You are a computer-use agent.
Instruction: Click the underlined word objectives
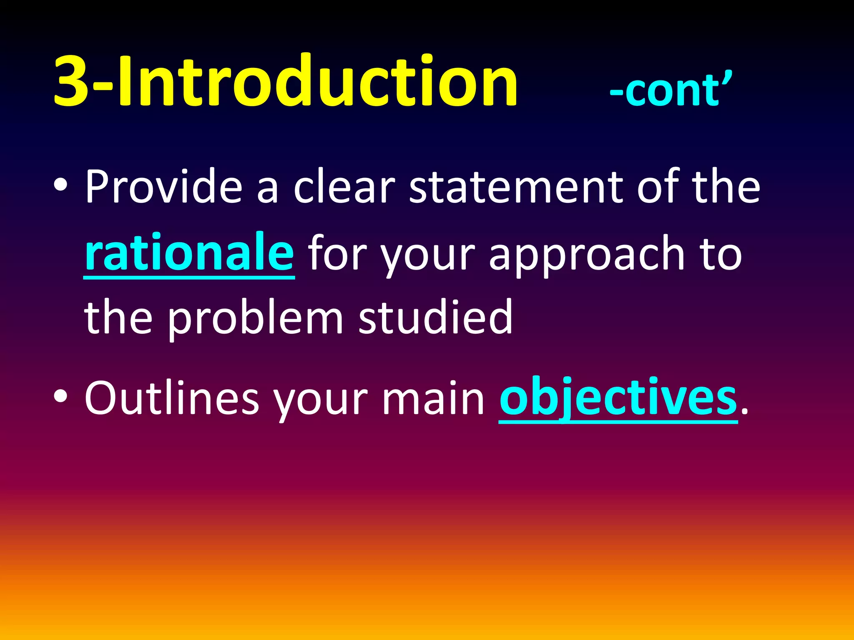[618, 398]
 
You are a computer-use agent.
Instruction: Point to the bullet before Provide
[61, 186]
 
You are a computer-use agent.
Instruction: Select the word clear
[344, 186]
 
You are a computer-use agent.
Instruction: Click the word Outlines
[171, 398]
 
